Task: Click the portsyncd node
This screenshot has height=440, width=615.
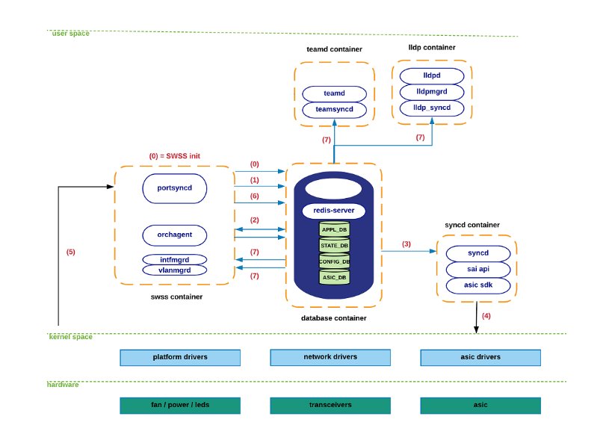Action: [174, 188]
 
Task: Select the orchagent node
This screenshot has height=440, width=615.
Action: [174, 235]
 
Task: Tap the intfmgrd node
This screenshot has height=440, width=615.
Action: [174, 259]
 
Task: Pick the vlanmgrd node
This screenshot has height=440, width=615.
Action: [174, 270]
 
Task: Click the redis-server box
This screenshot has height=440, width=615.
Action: [333, 211]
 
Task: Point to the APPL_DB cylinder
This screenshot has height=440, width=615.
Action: [334, 229]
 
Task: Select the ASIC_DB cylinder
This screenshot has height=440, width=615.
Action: [334, 277]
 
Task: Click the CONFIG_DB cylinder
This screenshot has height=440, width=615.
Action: [334, 261]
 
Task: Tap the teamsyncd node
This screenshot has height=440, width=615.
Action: [334, 109]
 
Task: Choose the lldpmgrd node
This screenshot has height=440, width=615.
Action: [431, 92]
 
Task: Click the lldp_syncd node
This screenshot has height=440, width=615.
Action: [431, 108]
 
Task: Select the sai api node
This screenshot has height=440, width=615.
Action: [478, 269]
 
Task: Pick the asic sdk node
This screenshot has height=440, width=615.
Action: [478, 285]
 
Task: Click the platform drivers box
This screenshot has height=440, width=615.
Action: [180, 357]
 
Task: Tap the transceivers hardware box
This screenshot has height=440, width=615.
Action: [330, 405]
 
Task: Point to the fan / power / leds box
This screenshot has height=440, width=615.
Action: [180, 405]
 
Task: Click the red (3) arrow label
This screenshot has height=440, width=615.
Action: [407, 244]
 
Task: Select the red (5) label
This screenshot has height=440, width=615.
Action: [71, 252]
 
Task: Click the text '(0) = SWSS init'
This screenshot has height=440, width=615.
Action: [174, 156]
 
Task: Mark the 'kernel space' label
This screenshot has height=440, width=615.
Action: [71, 337]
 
